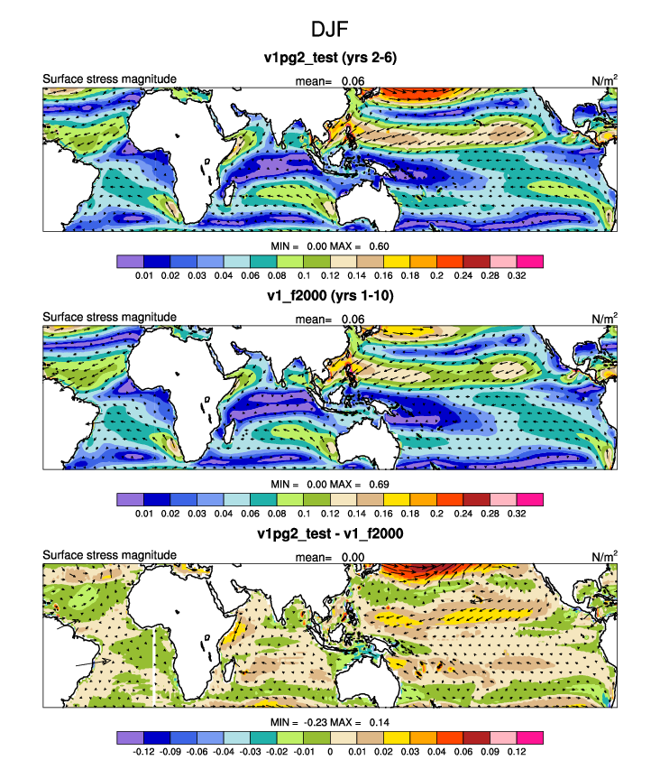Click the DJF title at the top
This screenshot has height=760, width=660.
(x=329, y=29)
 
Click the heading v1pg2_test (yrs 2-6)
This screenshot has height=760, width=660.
(x=330, y=58)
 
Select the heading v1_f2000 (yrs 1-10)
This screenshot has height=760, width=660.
(x=330, y=296)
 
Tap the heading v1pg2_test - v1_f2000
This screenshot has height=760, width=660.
(x=330, y=533)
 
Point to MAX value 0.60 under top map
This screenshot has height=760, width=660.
(x=379, y=246)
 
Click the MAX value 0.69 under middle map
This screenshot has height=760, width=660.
(x=379, y=484)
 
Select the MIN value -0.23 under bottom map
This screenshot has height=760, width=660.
(x=316, y=722)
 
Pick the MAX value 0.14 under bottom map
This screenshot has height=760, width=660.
(x=380, y=722)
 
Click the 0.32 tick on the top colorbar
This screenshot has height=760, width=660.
(x=517, y=275)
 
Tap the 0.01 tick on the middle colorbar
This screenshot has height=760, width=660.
(x=144, y=514)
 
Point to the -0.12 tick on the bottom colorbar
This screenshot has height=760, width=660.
(x=143, y=751)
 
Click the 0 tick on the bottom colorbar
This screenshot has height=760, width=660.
(x=330, y=751)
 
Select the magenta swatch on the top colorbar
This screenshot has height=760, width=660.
(x=530, y=262)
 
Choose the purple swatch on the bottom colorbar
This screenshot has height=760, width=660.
(x=130, y=737)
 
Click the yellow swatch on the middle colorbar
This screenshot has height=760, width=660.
(x=397, y=500)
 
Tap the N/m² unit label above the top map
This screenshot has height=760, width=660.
(x=604, y=80)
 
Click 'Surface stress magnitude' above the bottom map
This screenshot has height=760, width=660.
(x=109, y=555)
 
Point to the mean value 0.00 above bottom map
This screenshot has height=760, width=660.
(x=353, y=558)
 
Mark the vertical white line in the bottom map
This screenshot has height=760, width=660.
(x=153, y=667)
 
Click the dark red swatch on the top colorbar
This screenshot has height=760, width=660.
(x=476, y=262)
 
